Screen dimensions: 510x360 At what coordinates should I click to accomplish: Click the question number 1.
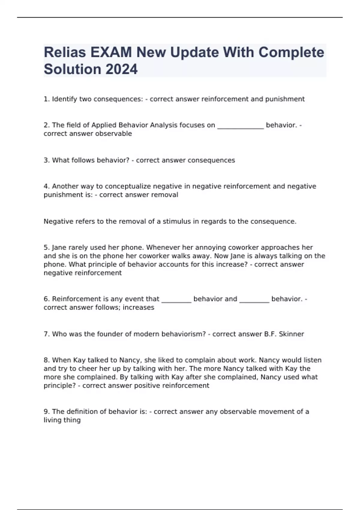[x=46, y=99]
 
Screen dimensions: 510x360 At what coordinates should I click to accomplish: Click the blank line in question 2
[x=240, y=126]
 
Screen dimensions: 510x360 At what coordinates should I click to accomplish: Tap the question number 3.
[x=46, y=160]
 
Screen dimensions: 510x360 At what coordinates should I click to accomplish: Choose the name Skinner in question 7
[x=291, y=334]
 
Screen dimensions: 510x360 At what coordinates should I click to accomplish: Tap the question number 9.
[x=46, y=412]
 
